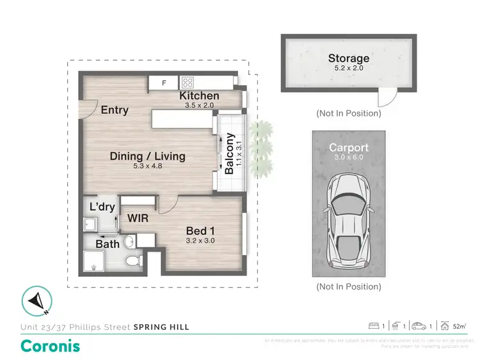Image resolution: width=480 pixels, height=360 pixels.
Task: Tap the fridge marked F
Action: coord(164,83)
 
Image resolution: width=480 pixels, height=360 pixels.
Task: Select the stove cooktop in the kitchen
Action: coord(188,82)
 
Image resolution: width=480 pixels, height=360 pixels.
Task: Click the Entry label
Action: coord(115,110)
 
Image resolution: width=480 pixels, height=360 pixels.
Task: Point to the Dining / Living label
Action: coord(147,156)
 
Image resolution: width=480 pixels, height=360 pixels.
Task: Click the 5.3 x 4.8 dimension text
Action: coord(147,167)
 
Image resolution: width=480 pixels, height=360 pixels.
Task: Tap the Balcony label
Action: coord(228,153)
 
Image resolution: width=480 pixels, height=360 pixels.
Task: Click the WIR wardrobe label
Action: coord(138,218)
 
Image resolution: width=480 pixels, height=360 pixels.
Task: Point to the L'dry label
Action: coord(102,207)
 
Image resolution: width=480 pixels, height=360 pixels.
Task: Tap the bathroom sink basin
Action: coord(130,241)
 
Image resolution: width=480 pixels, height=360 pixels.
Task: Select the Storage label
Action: coord(349,59)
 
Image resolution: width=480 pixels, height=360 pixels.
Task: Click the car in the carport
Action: coord(348,222)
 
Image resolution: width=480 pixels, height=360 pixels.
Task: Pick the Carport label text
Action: coord(349,147)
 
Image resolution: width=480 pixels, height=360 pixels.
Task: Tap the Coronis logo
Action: coord(51,346)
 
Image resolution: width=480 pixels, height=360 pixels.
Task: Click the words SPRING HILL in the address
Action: coord(161,327)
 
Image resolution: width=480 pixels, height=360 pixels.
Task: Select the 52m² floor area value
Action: coord(459,327)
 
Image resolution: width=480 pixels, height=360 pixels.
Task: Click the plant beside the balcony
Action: coord(260,144)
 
